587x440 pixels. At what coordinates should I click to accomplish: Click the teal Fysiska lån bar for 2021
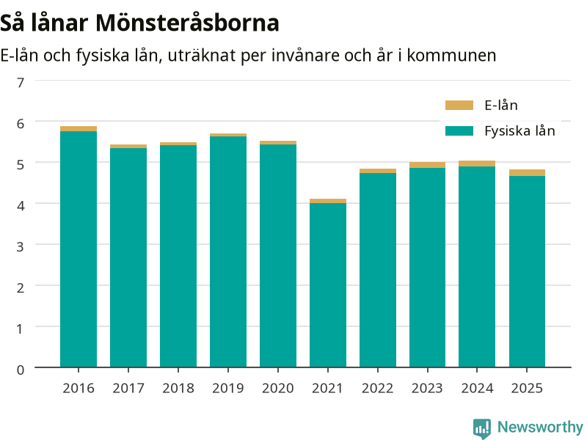pos(328,285)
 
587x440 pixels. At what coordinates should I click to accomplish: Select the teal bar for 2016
pos(79,249)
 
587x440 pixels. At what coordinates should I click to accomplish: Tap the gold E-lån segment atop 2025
pos(527,173)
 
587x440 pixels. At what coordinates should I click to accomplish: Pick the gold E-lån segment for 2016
pos(79,129)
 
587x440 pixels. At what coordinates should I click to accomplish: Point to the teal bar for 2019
pos(228,252)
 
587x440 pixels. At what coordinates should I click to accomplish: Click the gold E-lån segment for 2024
pos(477,164)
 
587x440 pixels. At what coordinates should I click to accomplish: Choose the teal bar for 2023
pos(428,268)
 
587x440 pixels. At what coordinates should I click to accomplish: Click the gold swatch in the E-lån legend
pos(459,105)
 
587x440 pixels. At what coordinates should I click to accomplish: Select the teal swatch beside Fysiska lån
pos(459,131)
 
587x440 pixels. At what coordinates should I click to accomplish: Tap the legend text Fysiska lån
pos(519,131)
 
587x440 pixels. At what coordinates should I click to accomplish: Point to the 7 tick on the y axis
pos(21,82)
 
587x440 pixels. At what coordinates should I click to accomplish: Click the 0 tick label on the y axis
pos(21,370)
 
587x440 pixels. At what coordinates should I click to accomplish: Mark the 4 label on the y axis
pos(21,205)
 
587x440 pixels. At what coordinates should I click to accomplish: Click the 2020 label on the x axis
pos(278,389)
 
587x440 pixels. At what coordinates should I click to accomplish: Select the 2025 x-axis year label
pos(527,389)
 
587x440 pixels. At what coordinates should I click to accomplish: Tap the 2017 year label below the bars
pos(128,389)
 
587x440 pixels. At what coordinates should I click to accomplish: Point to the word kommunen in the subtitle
pos(451,56)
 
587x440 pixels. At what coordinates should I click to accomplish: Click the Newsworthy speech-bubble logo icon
pos(482,428)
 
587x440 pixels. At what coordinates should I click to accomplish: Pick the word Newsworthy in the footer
pos(540,427)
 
